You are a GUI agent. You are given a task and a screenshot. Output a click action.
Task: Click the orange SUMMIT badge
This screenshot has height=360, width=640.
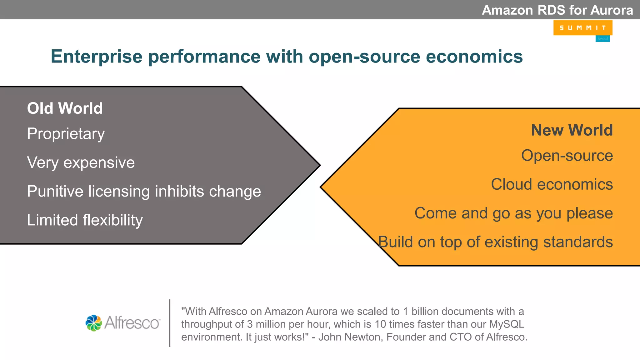click(x=582, y=28)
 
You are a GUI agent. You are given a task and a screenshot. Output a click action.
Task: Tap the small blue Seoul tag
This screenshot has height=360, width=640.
click(x=602, y=38)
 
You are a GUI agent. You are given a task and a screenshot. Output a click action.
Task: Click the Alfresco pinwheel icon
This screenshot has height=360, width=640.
click(x=94, y=323)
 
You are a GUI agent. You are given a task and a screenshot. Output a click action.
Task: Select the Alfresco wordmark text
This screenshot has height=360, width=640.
click(x=132, y=323)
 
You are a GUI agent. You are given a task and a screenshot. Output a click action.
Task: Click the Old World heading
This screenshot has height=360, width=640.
click(x=65, y=108)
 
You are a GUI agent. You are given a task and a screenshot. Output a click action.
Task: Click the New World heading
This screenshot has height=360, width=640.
click(x=572, y=130)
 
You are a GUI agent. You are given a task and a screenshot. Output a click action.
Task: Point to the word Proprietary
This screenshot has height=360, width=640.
click(x=66, y=134)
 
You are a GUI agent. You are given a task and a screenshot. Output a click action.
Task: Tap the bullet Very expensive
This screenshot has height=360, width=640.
click(x=81, y=162)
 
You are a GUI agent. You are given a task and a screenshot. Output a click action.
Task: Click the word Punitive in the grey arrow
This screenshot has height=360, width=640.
click(x=55, y=191)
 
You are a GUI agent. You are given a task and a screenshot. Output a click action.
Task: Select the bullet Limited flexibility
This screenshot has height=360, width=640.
click(x=85, y=220)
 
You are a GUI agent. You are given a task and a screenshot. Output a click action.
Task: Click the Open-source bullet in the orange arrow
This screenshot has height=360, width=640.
click(x=567, y=156)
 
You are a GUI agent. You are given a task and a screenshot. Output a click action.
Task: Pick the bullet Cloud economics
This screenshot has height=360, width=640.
click(x=552, y=184)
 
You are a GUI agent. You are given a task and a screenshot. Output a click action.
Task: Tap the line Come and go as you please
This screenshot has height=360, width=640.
click(x=513, y=213)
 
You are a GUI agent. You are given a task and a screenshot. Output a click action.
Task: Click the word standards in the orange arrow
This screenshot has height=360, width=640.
click(x=578, y=242)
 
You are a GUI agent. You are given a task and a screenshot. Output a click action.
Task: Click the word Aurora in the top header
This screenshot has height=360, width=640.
click(x=612, y=10)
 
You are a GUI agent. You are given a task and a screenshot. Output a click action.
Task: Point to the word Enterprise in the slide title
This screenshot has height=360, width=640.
click(x=97, y=57)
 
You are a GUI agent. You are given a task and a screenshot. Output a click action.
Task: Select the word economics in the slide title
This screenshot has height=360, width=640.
click(x=474, y=57)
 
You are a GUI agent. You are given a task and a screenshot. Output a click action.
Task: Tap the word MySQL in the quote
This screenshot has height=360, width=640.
click(x=507, y=324)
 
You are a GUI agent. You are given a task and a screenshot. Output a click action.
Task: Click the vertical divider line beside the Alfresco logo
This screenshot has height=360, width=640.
click(x=170, y=323)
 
